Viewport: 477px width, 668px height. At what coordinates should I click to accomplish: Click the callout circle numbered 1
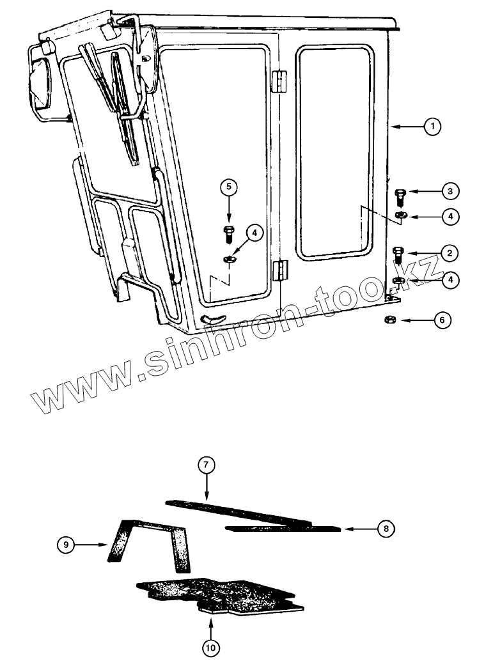pyautogui.click(x=433, y=127)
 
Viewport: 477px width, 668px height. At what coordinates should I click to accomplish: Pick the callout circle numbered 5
pyautogui.click(x=229, y=187)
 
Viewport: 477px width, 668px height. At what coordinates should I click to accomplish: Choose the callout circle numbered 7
pyautogui.click(x=206, y=465)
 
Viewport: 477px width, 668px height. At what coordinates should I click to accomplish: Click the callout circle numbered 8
pyautogui.click(x=386, y=529)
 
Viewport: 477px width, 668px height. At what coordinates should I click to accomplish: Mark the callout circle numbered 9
pyautogui.click(x=66, y=545)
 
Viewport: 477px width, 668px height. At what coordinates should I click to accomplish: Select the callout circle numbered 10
pyautogui.click(x=210, y=648)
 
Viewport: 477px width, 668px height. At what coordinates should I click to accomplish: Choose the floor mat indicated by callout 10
pyautogui.click(x=217, y=594)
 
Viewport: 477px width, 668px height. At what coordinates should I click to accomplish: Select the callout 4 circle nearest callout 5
pyautogui.click(x=254, y=233)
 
